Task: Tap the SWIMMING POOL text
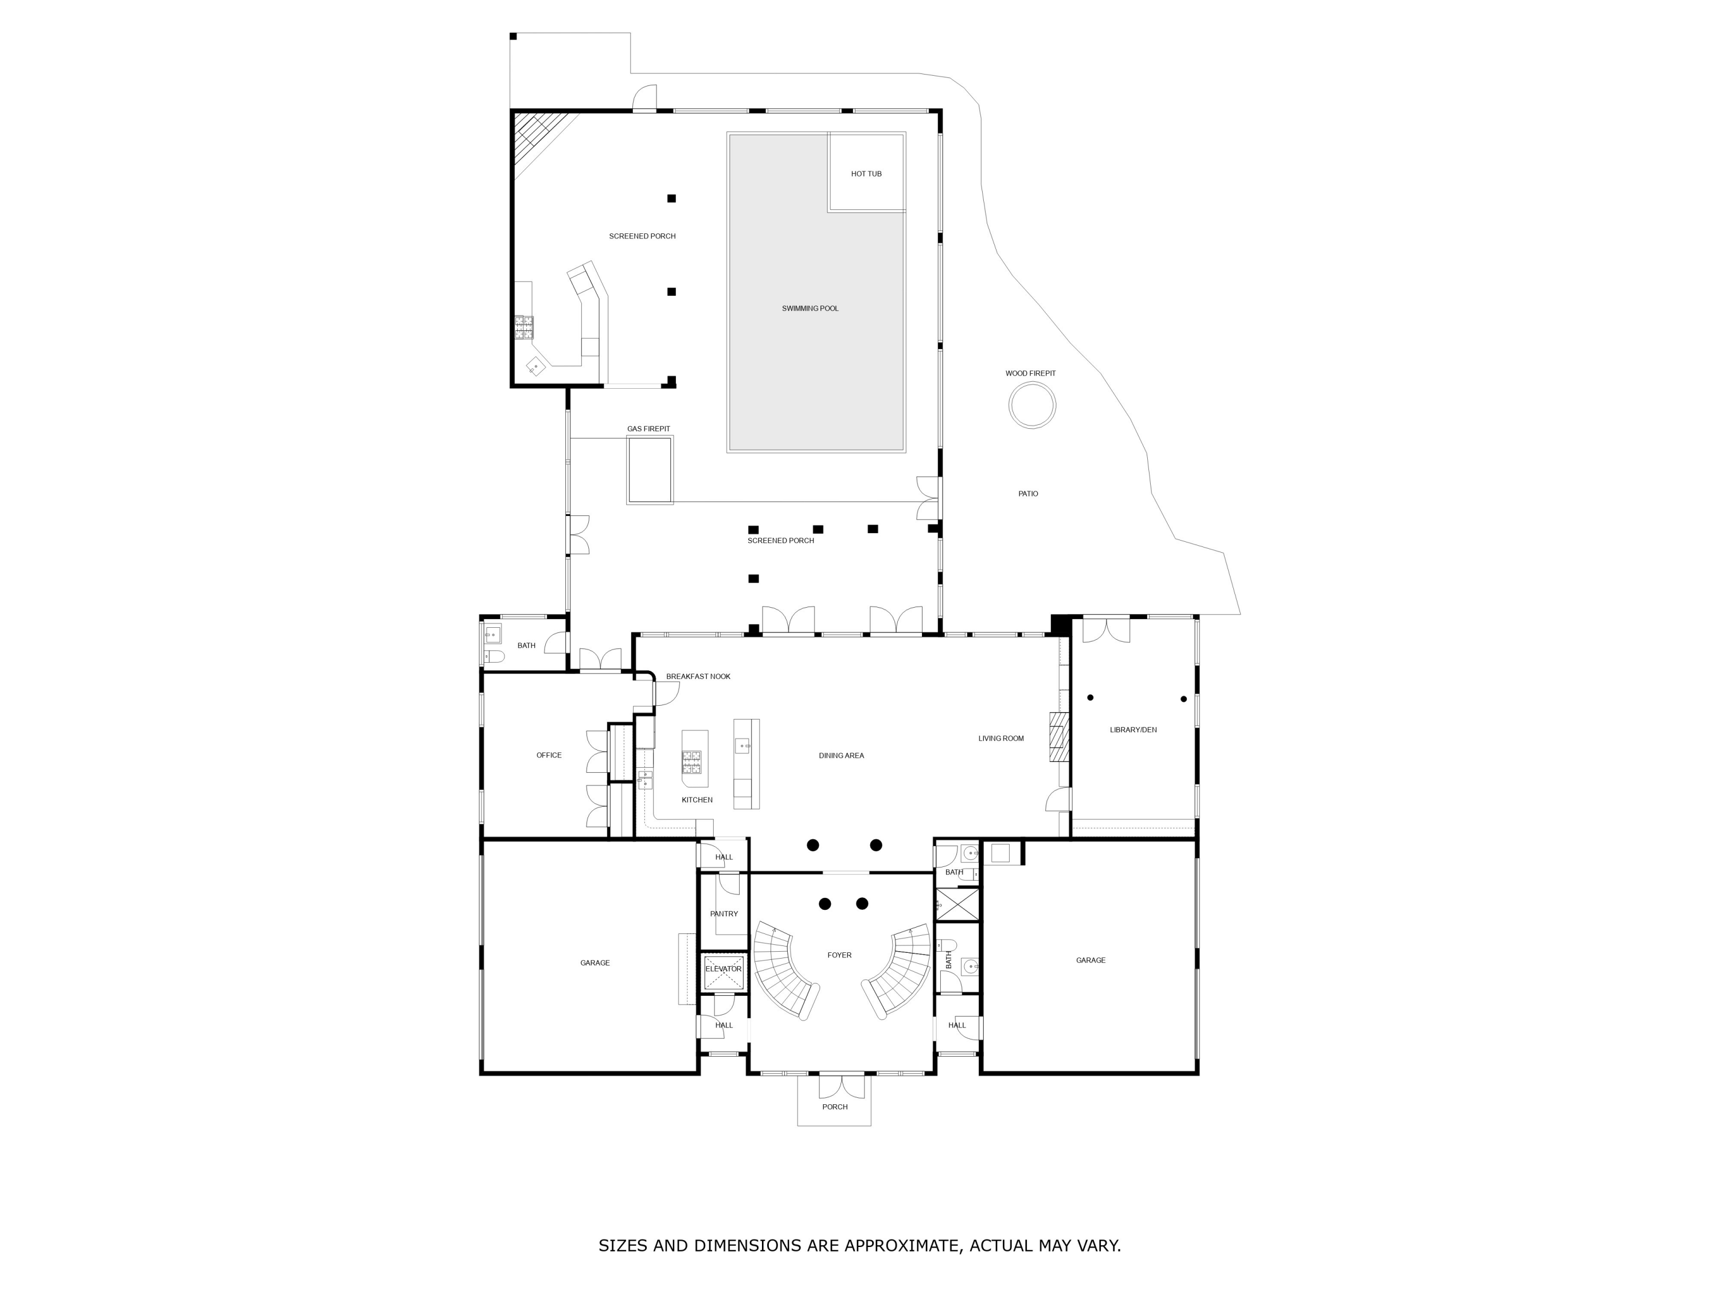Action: click(810, 308)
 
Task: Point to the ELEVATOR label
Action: click(723, 969)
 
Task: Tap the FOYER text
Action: click(839, 955)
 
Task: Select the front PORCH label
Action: click(834, 1107)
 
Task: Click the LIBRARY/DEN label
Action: click(1132, 729)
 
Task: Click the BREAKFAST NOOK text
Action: click(698, 677)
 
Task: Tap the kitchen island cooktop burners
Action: click(691, 761)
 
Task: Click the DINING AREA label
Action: click(841, 756)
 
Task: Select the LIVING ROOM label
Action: click(1000, 738)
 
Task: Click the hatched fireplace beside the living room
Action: click(1058, 736)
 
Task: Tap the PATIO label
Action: click(1027, 494)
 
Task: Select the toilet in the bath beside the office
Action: click(495, 657)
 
